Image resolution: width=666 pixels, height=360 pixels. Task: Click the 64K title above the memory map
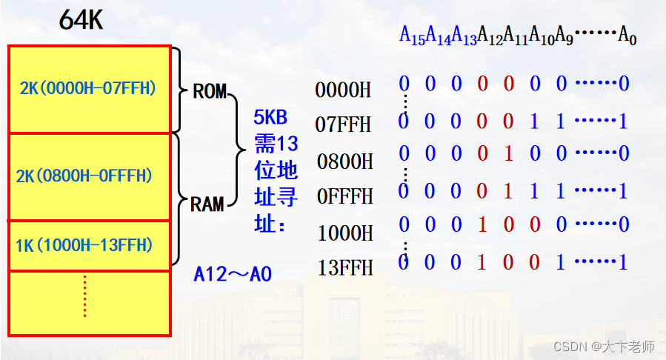click(81, 21)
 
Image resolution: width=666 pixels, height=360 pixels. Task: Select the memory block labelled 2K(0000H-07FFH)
click(89, 88)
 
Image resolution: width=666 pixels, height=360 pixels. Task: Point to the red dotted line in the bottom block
click(85, 296)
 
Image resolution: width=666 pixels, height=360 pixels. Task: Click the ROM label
click(210, 92)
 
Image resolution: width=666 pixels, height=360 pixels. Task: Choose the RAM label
click(207, 204)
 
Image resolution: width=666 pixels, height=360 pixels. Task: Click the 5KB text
click(275, 118)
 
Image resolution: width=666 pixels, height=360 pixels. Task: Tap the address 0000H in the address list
click(343, 90)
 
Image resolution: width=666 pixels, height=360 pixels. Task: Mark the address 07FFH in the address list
click(343, 124)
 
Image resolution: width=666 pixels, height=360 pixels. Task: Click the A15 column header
click(412, 36)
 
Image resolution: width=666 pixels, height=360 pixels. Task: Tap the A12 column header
click(490, 36)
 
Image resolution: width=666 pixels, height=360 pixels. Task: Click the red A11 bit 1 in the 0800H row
click(508, 154)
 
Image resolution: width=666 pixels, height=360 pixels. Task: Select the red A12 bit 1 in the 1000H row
click(482, 224)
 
